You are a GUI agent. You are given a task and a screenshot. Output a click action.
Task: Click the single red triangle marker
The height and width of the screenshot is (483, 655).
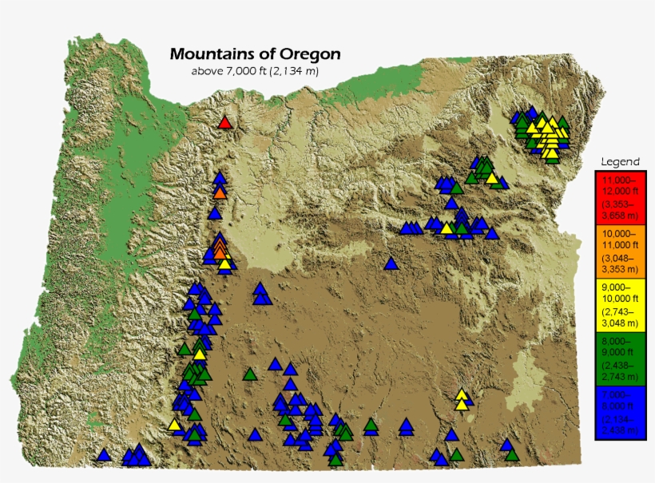(224, 123)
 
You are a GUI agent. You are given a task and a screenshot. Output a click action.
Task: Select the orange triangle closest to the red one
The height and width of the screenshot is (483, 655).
(220, 192)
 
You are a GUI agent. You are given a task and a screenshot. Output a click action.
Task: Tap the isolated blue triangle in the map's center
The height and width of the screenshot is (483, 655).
(391, 264)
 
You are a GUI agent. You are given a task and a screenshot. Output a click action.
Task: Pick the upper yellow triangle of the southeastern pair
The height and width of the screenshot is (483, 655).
(461, 394)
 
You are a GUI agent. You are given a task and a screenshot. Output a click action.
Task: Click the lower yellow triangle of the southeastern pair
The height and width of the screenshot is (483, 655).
(461, 404)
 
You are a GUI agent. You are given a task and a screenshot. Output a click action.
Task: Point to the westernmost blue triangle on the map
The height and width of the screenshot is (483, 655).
(103, 455)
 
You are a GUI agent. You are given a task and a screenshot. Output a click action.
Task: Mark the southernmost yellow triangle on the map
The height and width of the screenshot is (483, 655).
(174, 425)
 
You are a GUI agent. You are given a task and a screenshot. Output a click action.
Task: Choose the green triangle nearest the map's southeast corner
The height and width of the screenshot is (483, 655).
(511, 455)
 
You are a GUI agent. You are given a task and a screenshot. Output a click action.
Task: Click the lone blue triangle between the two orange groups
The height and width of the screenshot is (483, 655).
(214, 214)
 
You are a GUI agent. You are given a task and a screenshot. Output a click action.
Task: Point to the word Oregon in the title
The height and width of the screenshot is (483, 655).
(310, 54)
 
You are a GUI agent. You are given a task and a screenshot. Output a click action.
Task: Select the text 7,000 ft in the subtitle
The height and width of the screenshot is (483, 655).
(248, 71)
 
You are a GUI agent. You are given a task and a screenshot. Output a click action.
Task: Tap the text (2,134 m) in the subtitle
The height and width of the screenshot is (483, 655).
(295, 71)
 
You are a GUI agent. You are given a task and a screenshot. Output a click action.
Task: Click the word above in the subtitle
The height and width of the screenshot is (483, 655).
(207, 71)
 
